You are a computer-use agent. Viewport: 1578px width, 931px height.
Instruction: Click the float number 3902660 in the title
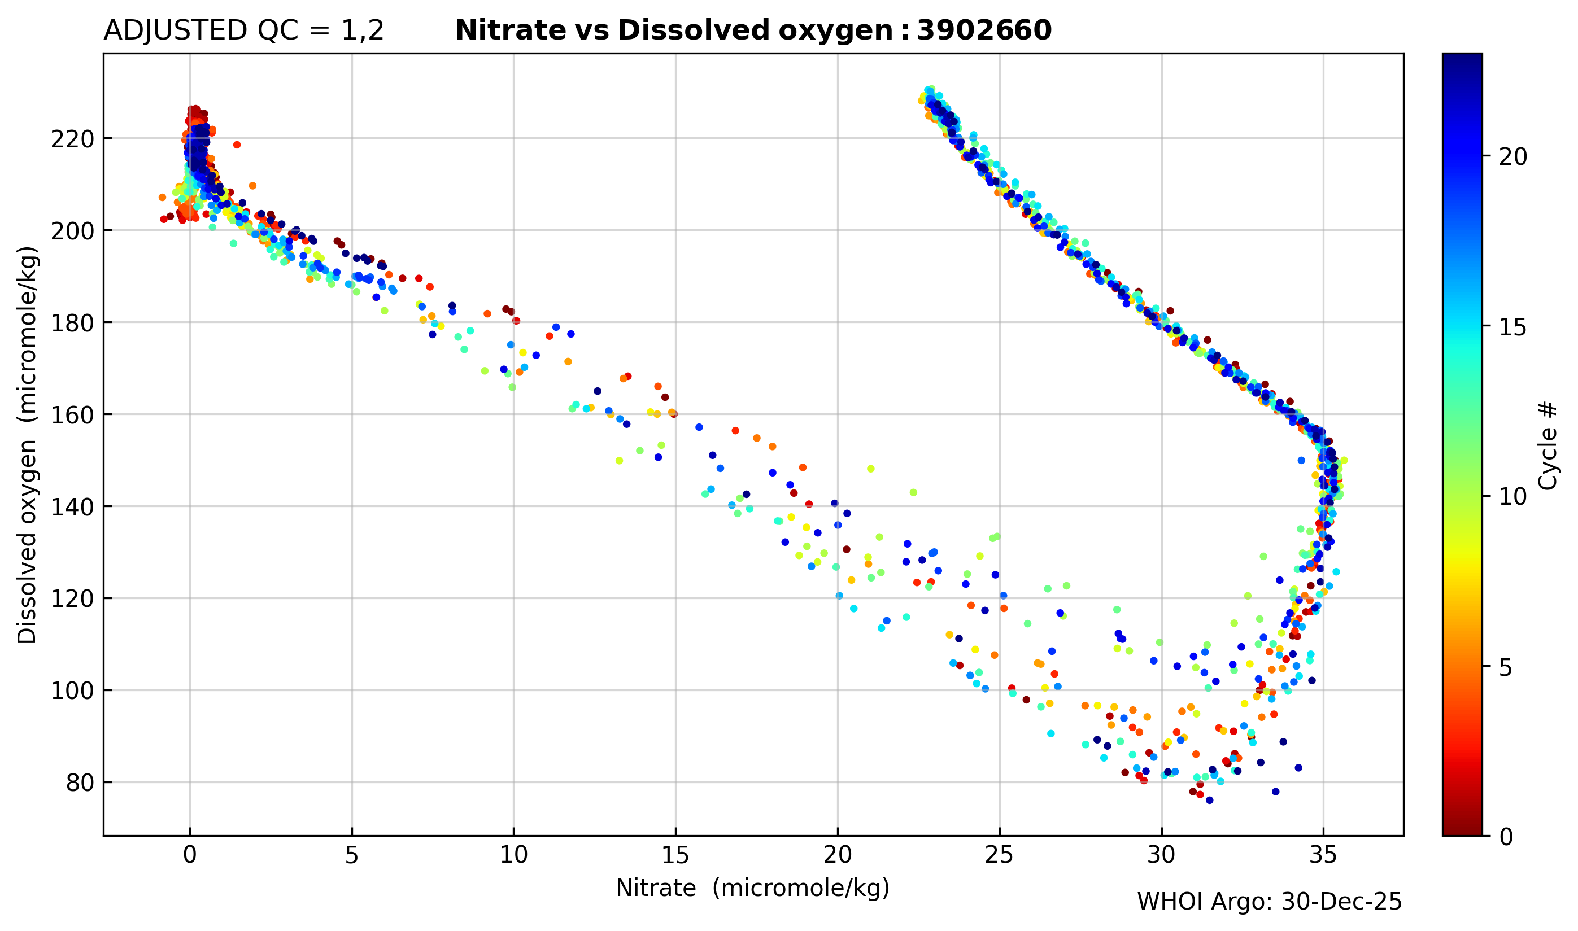(984, 30)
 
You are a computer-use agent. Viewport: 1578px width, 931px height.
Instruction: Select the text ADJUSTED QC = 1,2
(243, 30)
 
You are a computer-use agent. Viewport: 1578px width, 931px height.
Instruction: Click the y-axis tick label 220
(72, 139)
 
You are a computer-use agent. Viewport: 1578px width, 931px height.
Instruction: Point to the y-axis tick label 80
(80, 784)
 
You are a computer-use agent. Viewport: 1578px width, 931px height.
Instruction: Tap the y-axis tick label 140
(72, 508)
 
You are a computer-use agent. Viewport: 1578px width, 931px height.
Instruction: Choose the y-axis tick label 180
(72, 324)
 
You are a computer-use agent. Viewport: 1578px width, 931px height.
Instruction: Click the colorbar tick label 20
(1512, 158)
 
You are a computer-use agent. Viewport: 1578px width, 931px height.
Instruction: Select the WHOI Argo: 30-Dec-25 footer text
(1268, 902)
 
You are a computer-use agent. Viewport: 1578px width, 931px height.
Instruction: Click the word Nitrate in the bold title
(509, 30)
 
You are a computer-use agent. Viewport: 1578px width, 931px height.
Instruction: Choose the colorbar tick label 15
(1512, 327)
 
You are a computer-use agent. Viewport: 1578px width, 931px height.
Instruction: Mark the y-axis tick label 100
(72, 692)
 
